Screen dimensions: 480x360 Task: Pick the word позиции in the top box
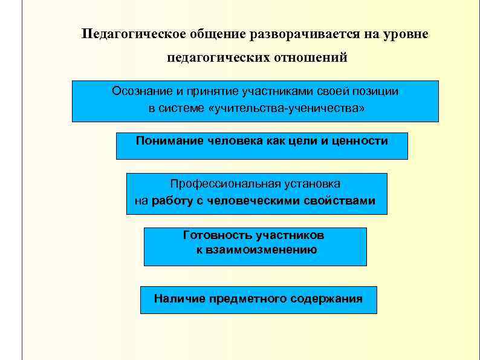pyautogui.click(x=377, y=91)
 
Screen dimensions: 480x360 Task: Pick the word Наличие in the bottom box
pyautogui.click(x=179, y=298)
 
